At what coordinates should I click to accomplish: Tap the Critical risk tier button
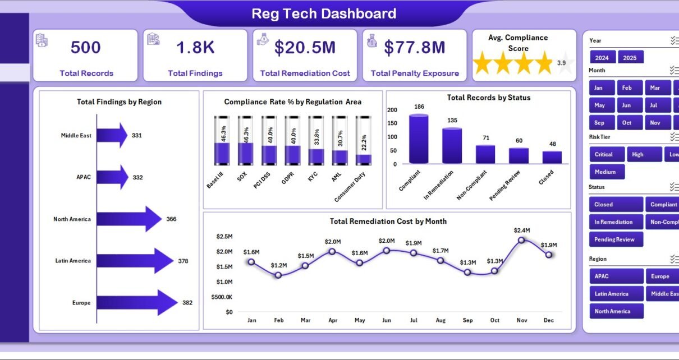(607, 154)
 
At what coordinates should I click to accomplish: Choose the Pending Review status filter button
(616, 239)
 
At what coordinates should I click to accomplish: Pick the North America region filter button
(616, 311)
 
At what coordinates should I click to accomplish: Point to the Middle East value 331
(137, 136)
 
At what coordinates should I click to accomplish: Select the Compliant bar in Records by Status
(419, 139)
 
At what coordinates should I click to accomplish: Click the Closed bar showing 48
(552, 157)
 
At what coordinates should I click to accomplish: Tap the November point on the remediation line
(521, 241)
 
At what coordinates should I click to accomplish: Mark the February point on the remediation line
(278, 275)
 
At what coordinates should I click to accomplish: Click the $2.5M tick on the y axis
(224, 237)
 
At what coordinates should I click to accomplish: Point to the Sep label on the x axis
(467, 320)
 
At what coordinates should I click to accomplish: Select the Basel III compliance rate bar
(222, 141)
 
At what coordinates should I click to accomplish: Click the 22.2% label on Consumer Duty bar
(364, 142)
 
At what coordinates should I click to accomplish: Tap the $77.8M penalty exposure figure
(415, 48)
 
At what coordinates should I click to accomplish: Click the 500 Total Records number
(85, 48)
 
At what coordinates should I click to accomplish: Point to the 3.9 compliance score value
(561, 63)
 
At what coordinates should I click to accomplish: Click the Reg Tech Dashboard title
(324, 13)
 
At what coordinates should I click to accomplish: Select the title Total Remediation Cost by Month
(388, 221)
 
